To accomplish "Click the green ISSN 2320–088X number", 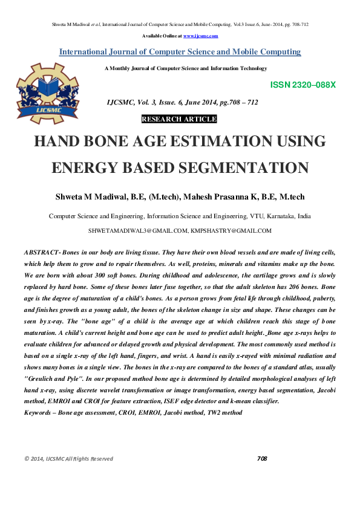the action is coord(298,85).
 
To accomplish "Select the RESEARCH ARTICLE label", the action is coord(179,119).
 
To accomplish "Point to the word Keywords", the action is coord(36,412).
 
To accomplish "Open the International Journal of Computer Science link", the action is coord(180,52).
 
